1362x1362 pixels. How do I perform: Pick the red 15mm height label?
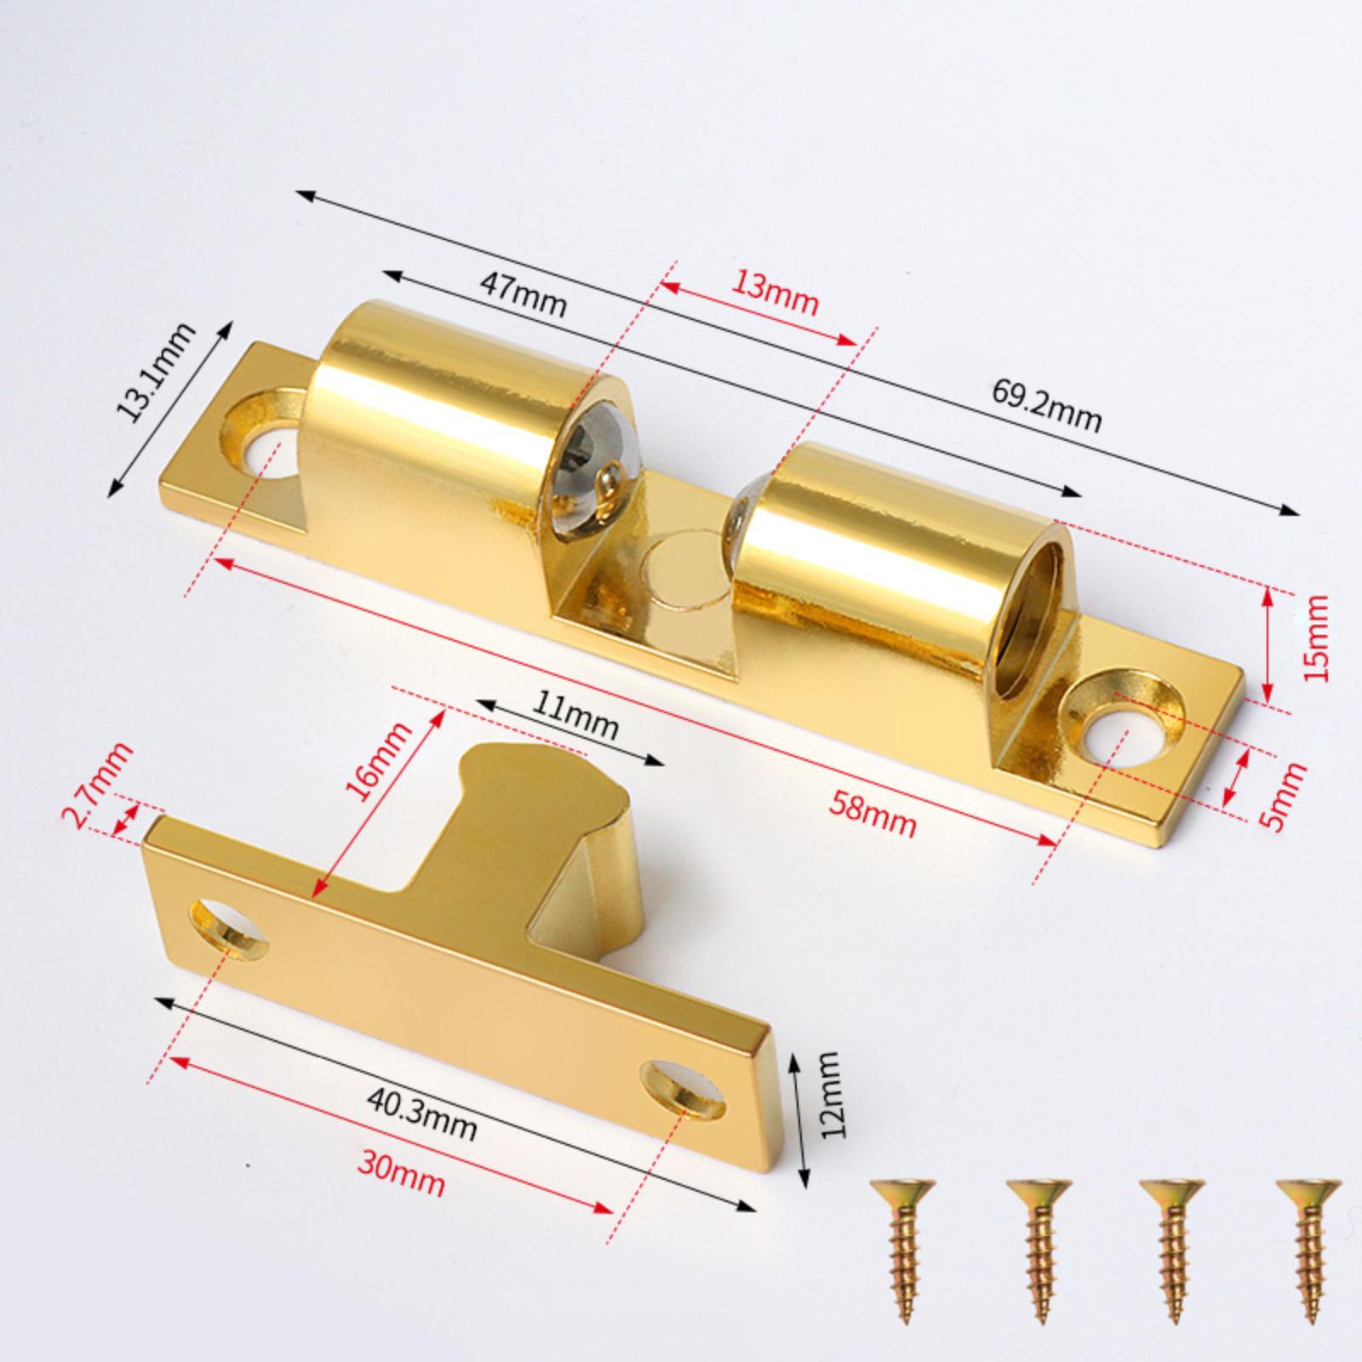1315,636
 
